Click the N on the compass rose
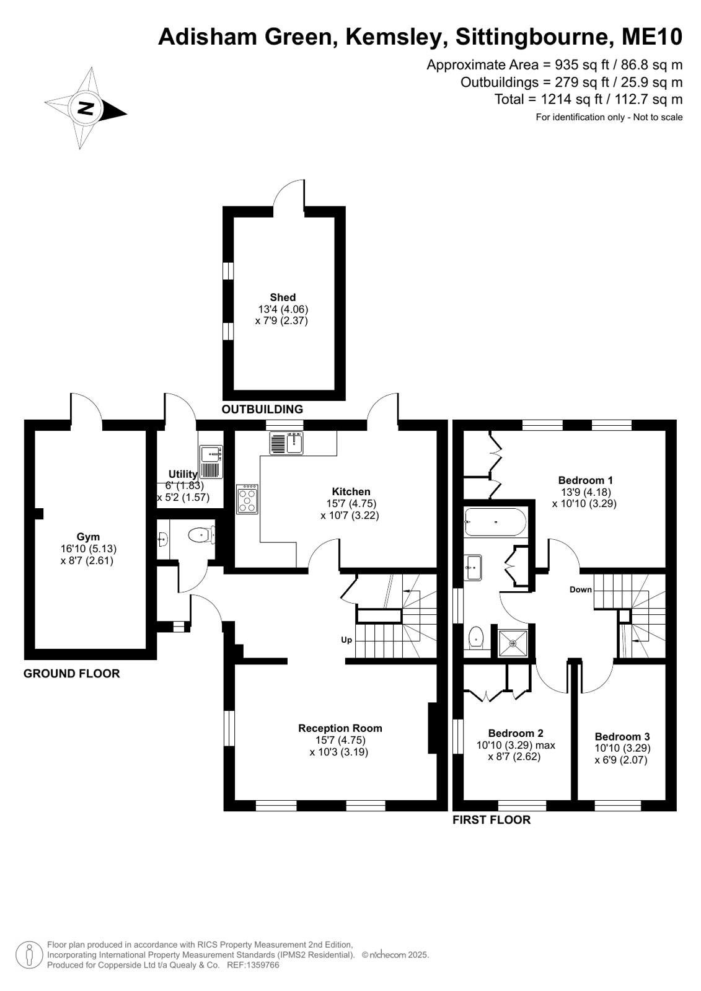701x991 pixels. (86, 107)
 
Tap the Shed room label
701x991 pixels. (283, 297)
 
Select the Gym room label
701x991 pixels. (88, 537)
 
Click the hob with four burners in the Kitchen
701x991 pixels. (247, 499)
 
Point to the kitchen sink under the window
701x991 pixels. (286, 443)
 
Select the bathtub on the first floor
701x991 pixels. (495, 522)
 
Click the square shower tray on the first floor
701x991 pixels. (513, 643)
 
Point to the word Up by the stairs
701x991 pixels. (346, 640)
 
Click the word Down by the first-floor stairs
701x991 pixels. (581, 589)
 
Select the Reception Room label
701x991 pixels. (340, 728)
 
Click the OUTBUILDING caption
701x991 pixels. (262, 409)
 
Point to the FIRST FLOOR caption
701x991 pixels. (492, 820)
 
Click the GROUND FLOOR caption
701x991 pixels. (72, 673)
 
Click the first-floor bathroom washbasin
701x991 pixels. (473, 568)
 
